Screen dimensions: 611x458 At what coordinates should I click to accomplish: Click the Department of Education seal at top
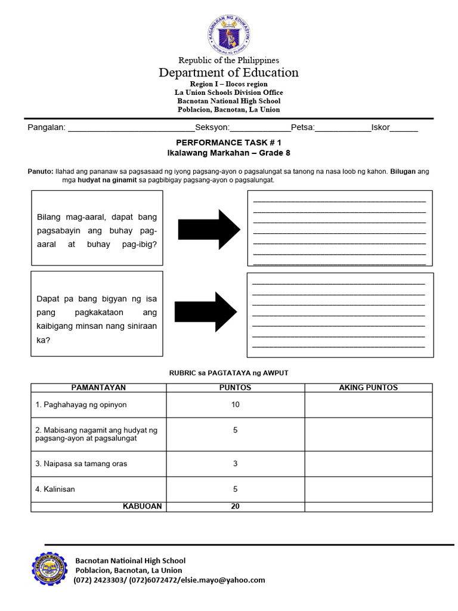pos(228,33)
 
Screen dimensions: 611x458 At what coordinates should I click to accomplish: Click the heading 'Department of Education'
pos(228,73)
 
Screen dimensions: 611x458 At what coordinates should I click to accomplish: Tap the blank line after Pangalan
pos(132,128)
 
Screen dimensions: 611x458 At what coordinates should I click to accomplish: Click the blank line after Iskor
pos(404,128)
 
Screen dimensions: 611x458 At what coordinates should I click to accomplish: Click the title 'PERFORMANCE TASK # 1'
pos(228,143)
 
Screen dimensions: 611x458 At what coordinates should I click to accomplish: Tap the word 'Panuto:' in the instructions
pos(41,171)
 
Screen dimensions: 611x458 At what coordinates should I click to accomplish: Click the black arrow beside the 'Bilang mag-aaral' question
pos(207,229)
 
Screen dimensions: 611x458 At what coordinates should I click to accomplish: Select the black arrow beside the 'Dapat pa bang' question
pos(206,311)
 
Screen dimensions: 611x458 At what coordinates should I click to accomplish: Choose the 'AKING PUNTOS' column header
pos(368,388)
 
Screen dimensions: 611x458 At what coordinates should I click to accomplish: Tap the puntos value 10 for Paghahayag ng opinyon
pos(235,405)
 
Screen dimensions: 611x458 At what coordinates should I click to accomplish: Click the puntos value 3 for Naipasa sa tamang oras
pos(235,464)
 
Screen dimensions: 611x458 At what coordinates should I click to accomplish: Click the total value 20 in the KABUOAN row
pos(235,507)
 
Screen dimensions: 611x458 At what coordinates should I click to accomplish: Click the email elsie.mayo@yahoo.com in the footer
pos(221,580)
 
